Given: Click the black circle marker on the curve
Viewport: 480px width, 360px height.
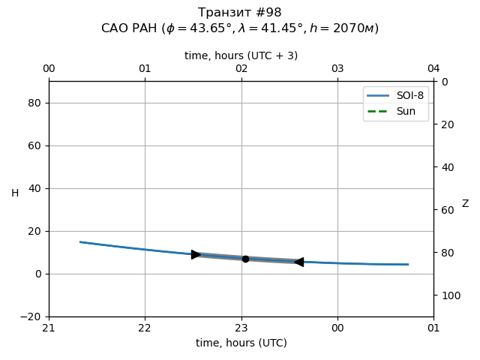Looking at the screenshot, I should [245, 259].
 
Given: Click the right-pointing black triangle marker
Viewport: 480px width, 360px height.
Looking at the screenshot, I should [196, 254].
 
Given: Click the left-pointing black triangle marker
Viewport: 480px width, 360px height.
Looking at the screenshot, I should [298, 262].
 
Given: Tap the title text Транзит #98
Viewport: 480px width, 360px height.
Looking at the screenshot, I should [240, 13].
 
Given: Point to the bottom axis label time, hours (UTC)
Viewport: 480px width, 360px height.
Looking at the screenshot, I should [241, 343].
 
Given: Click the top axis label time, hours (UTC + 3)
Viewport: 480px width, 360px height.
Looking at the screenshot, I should [241, 55].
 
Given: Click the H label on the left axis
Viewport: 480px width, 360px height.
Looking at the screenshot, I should [15, 193].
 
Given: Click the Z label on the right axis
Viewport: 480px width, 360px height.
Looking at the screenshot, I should [465, 203].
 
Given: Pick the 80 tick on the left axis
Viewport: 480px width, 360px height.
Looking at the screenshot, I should [34, 103].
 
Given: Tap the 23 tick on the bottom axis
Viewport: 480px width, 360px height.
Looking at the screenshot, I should [241, 328].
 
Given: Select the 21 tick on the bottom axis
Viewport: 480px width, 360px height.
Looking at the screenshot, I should [49, 328].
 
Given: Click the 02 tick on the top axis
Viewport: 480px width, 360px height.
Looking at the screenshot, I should [241, 69].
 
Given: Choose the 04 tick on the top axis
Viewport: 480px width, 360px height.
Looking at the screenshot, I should [433, 69].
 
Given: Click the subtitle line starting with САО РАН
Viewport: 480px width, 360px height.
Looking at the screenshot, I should [240, 28].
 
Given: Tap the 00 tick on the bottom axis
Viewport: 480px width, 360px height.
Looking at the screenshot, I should [337, 328].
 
